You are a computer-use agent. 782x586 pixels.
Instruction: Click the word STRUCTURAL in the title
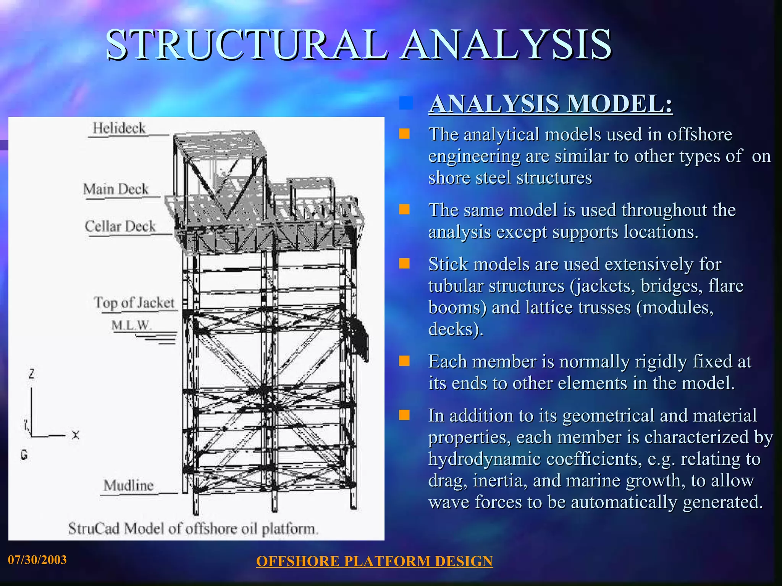click(x=246, y=45)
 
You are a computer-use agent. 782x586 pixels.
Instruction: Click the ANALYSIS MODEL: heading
click(x=550, y=104)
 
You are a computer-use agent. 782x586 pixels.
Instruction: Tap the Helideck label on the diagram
click(x=119, y=128)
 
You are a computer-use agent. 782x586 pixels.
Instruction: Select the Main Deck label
click(x=116, y=189)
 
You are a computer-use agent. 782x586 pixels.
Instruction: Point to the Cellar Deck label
click(x=120, y=226)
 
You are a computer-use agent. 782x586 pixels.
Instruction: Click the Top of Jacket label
click(x=134, y=303)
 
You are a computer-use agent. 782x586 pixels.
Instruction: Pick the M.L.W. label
click(x=131, y=325)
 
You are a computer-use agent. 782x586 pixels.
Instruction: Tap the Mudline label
click(x=129, y=486)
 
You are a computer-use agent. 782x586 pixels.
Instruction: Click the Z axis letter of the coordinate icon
click(x=31, y=374)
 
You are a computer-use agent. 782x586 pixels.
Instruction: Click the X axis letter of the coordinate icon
click(x=76, y=435)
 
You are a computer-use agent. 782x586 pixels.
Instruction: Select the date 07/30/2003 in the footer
click(x=37, y=560)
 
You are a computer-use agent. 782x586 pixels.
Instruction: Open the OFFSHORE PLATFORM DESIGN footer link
click(x=374, y=561)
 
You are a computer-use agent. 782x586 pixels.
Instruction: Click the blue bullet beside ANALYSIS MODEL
click(x=406, y=103)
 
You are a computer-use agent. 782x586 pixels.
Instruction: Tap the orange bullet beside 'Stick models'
click(x=404, y=264)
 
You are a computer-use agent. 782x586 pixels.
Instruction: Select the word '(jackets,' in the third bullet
click(x=602, y=286)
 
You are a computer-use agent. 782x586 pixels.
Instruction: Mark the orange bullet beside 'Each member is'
click(x=404, y=361)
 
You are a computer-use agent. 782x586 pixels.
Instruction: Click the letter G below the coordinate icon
click(x=24, y=455)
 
